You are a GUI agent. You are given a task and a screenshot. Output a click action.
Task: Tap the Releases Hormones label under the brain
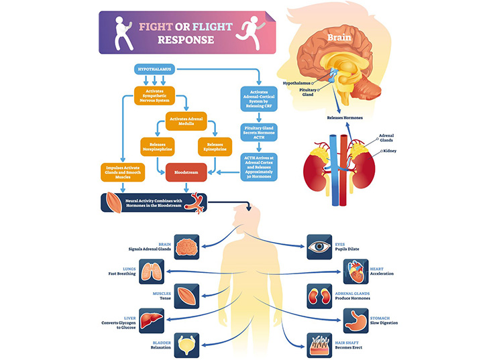point(345,118)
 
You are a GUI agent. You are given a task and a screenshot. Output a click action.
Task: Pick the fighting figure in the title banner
point(121,31)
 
